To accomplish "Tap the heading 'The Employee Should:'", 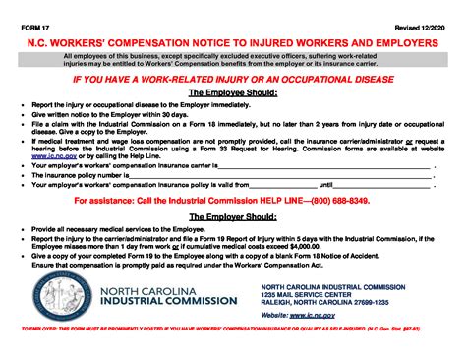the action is click(x=232, y=91).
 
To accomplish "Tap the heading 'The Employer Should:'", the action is click(x=232, y=217).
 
